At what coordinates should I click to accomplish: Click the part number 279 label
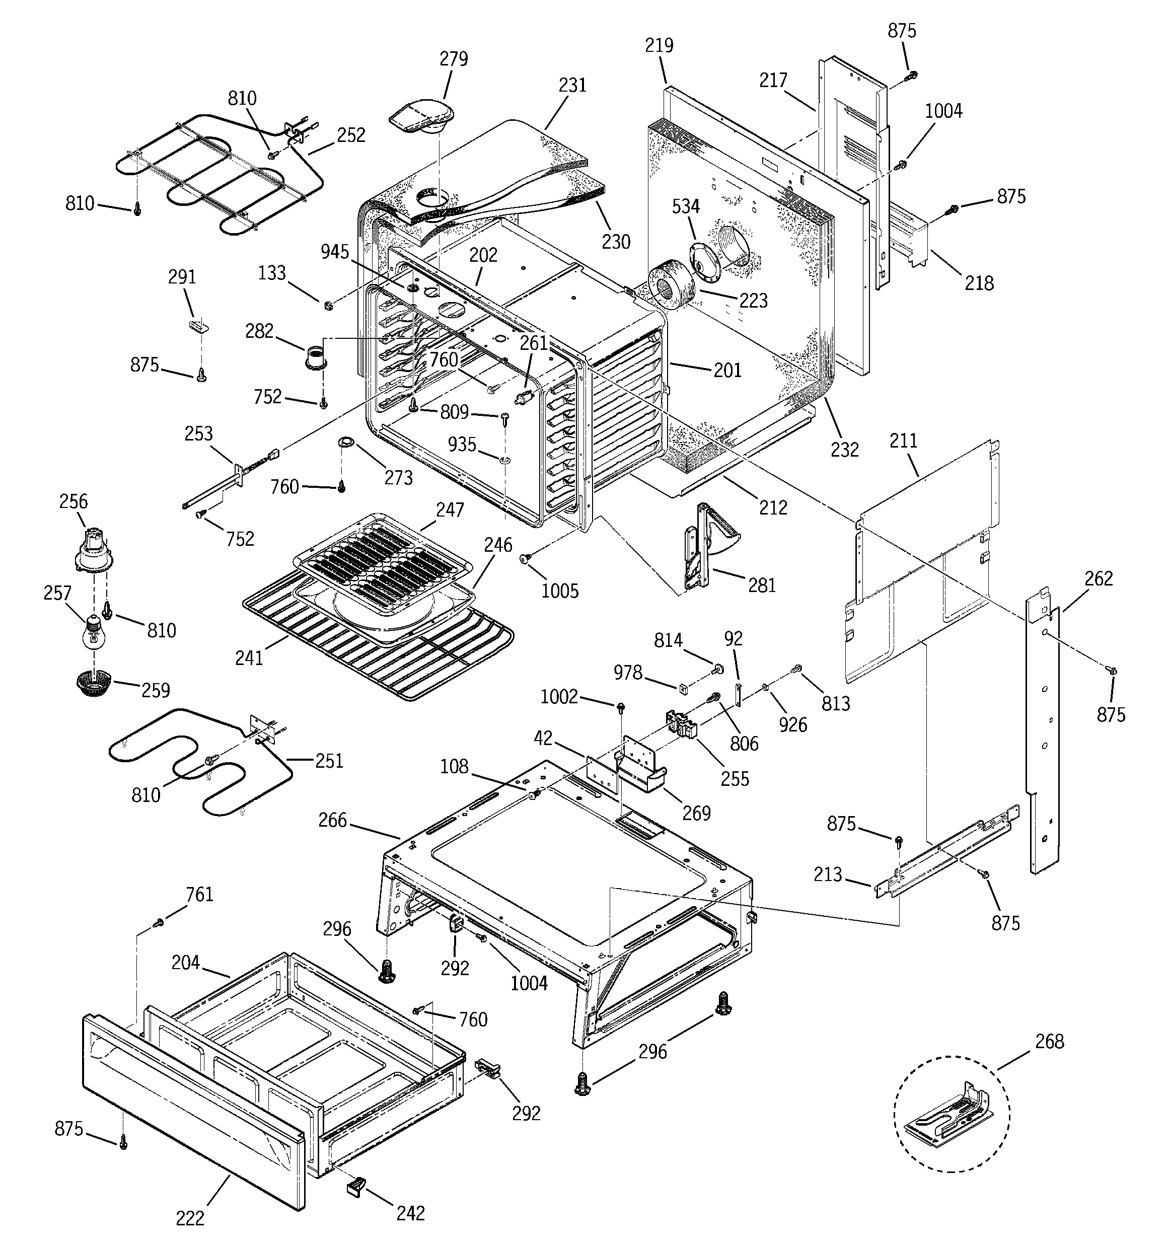pyautogui.click(x=453, y=59)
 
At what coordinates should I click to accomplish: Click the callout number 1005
pyautogui.click(x=559, y=591)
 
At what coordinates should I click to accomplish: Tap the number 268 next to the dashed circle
pyautogui.click(x=1050, y=1042)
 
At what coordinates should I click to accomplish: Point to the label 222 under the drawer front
pyautogui.click(x=190, y=1218)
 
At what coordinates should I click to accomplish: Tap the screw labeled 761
pyautogui.click(x=159, y=921)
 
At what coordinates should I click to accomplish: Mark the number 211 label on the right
pyautogui.click(x=903, y=441)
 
